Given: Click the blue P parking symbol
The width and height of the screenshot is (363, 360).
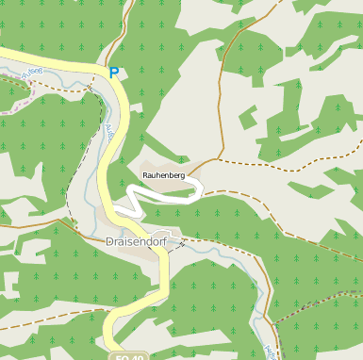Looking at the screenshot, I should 114,72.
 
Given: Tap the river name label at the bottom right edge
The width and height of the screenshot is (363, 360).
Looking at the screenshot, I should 267,352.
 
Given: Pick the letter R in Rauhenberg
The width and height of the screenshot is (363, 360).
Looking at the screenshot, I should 145,175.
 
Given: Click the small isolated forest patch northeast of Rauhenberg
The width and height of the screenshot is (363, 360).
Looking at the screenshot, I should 248,119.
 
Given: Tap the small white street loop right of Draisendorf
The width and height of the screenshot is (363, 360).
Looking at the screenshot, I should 169,236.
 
